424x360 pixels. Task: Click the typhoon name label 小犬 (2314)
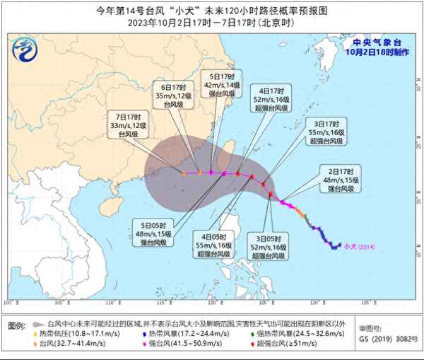[x=359, y=246]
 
